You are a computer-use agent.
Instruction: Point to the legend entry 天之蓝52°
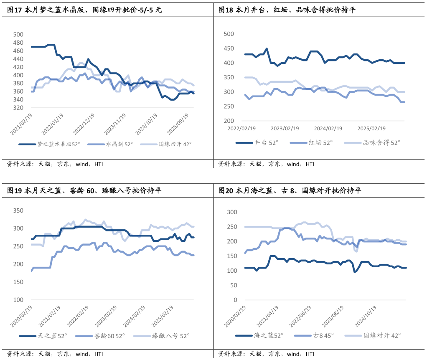click(x=52, y=336)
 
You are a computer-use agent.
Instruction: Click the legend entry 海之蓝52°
click(x=268, y=335)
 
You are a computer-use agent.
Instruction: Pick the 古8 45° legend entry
click(x=323, y=335)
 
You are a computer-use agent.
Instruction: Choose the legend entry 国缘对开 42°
click(x=382, y=335)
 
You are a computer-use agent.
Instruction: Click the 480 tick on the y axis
click(x=19, y=43)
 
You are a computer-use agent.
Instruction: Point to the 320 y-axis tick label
click(x=19, y=108)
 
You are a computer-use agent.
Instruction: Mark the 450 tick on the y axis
click(x=229, y=48)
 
